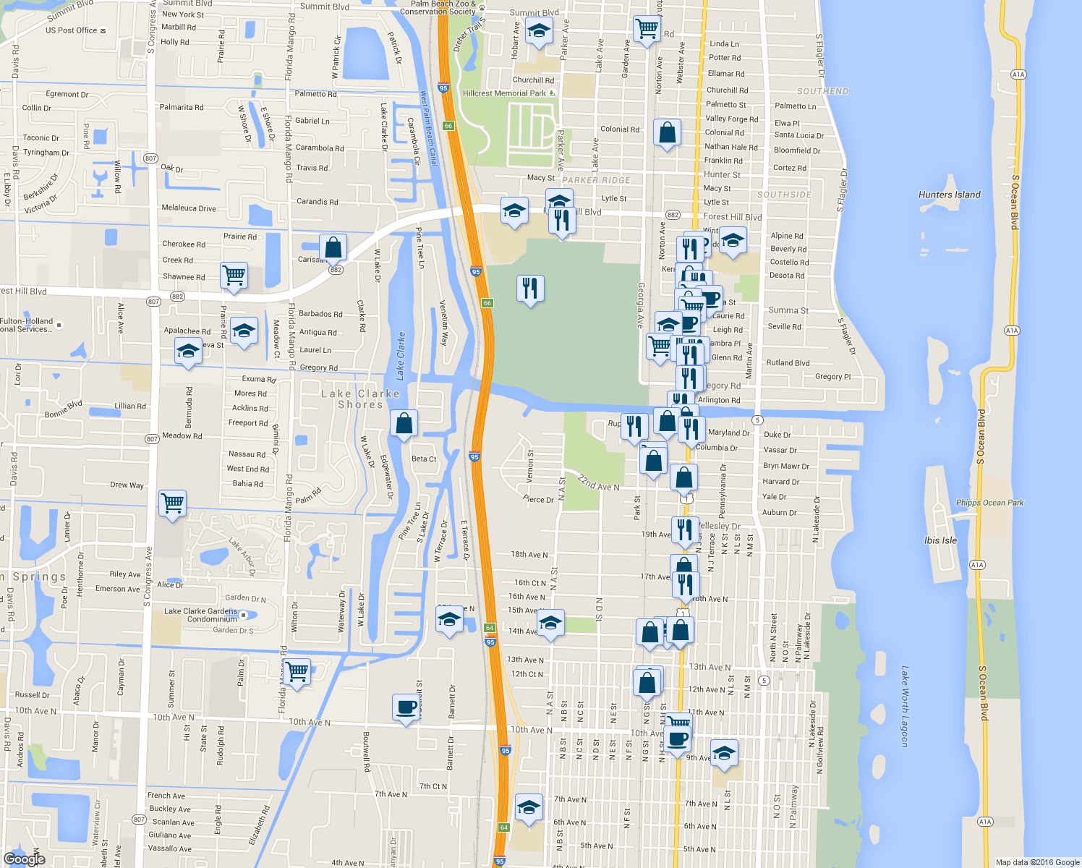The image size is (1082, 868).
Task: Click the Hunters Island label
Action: tap(949, 195)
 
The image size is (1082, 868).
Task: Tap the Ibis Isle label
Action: tap(940, 540)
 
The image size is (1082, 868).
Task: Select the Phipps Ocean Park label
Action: tap(989, 503)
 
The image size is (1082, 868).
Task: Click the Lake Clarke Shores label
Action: tap(360, 399)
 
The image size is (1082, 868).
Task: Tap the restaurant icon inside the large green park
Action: tap(530, 289)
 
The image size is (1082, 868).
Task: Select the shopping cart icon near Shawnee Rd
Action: tap(234, 276)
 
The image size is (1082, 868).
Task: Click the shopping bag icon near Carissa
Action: tap(333, 247)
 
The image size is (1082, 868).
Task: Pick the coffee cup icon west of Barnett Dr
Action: tap(406, 707)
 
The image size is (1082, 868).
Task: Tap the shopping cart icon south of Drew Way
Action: tap(172, 502)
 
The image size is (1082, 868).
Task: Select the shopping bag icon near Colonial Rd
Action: tap(667, 133)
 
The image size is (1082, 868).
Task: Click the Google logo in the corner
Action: tap(25, 859)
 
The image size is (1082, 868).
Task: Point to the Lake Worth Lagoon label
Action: tap(904, 706)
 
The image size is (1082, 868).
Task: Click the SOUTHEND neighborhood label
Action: tap(822, 91)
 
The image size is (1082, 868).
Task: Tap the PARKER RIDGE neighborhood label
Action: tap(596, 180)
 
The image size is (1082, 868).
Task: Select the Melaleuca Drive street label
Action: tap(189, 208)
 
